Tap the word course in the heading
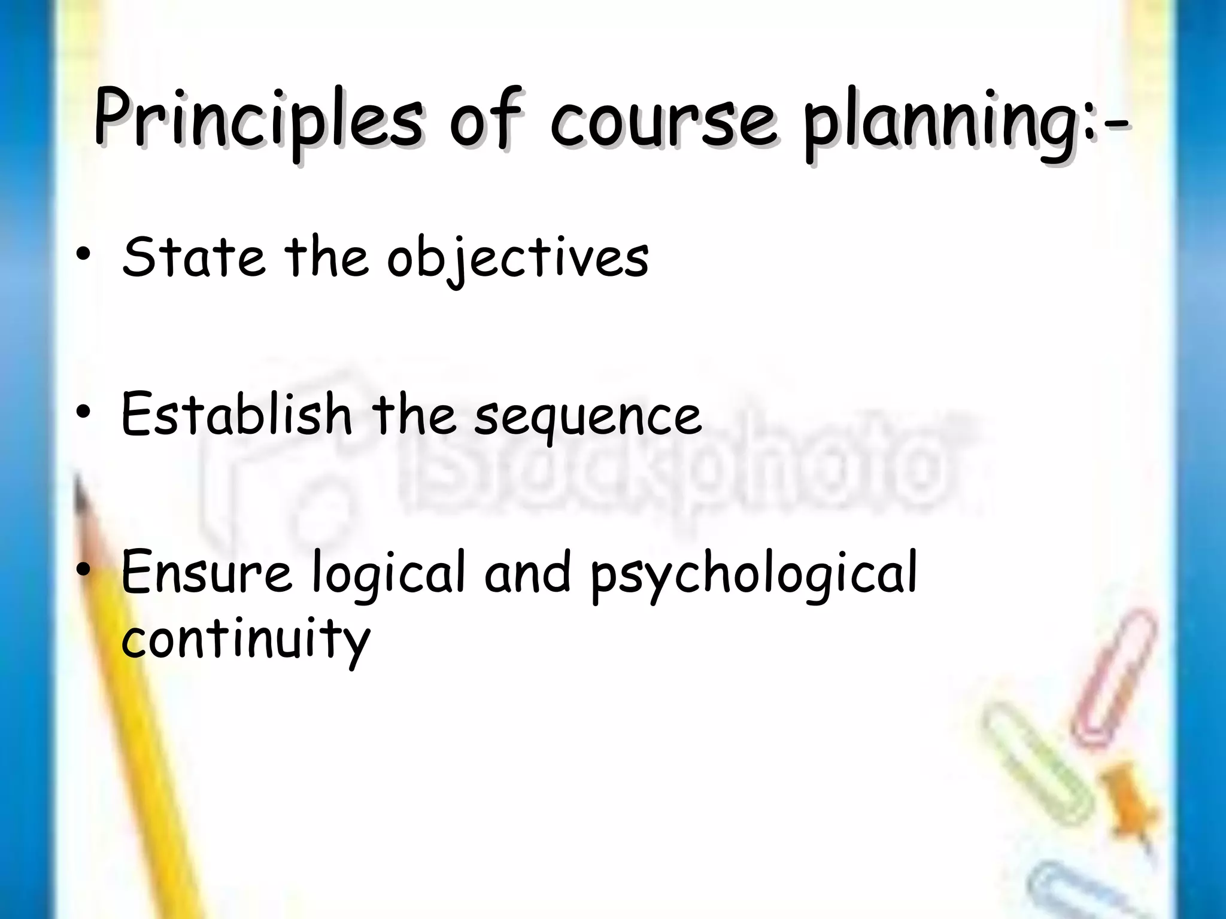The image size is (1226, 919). coord(664,123)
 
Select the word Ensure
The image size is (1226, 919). coord(207,573)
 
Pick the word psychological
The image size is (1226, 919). coord(754,576)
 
